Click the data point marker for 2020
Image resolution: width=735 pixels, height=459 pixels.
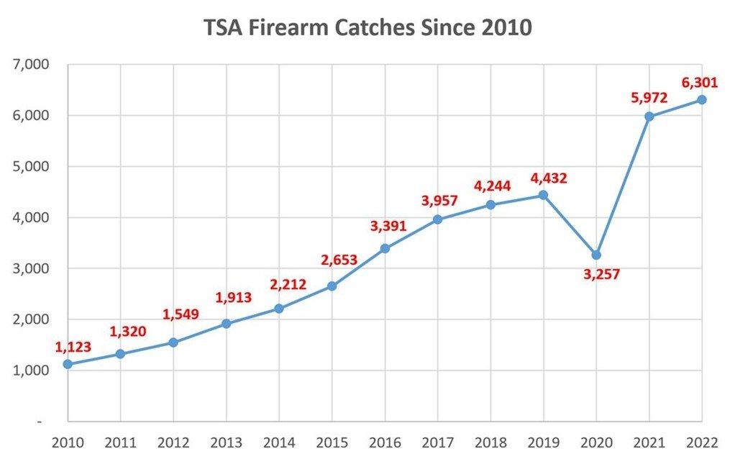(x=596, y=255)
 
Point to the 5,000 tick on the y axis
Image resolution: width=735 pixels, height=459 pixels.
(x=30, y=166)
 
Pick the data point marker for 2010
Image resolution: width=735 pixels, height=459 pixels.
(x=68, y=364)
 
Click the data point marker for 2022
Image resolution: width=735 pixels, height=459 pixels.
(x=702, y=99)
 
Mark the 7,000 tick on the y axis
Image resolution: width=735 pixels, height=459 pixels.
(x=30, y=64)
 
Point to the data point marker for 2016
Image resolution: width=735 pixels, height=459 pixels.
(x=385, y=248)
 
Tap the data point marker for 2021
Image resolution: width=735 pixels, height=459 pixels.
(x=649, y=117)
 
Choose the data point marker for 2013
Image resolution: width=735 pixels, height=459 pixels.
(x=226, y=324)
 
